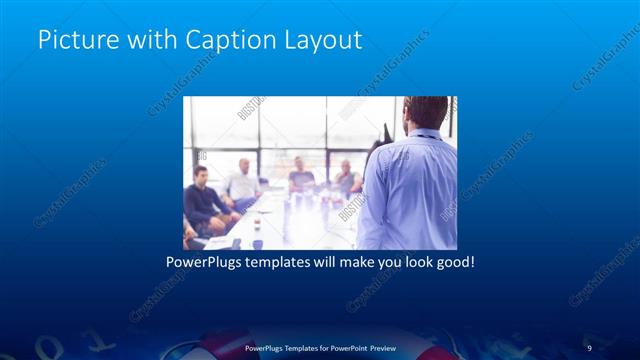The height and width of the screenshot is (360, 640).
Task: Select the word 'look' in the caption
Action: coord(413,264)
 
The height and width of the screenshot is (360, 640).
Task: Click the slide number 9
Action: coord(589,347)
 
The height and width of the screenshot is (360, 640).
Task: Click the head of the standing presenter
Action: coord(426,113)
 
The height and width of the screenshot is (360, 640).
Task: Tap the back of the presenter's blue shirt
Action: coord(408,190)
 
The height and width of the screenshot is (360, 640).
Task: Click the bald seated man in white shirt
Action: coord(243,180)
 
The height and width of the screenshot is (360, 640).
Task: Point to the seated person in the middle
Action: coord(301,177)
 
